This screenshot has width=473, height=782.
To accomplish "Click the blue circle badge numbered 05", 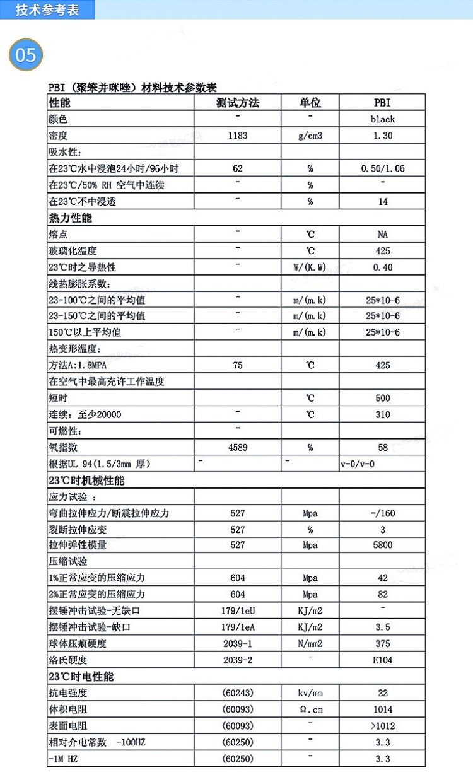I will click(x=26, y=55).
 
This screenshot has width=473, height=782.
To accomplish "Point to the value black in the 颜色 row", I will click(x=382, y=119).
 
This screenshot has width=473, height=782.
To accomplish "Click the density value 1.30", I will click(x=382, y=136).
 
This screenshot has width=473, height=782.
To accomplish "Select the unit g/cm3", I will click(x=310, y=136).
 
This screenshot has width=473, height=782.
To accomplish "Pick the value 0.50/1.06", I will click(x=382, y=168).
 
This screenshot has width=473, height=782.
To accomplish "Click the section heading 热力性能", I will click(x=70, y=218).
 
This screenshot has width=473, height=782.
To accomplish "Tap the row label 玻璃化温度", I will click(x=73, y=251).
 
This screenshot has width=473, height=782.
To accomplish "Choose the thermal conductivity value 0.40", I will click(x=382, y=267).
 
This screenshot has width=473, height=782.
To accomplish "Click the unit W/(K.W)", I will click(x=310, y=267).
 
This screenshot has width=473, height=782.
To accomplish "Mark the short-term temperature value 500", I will click(x=382, y=398).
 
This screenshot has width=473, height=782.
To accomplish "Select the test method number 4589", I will click(x=237, y=447).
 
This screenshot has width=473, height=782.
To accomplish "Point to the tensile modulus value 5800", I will click(x=382, y=545).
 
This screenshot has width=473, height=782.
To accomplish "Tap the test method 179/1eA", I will click(x=237, y=627).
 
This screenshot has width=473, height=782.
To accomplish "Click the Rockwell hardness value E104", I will click(x=382, y=660).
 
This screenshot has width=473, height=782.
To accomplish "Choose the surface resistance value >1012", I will click(x=382, y=726).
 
